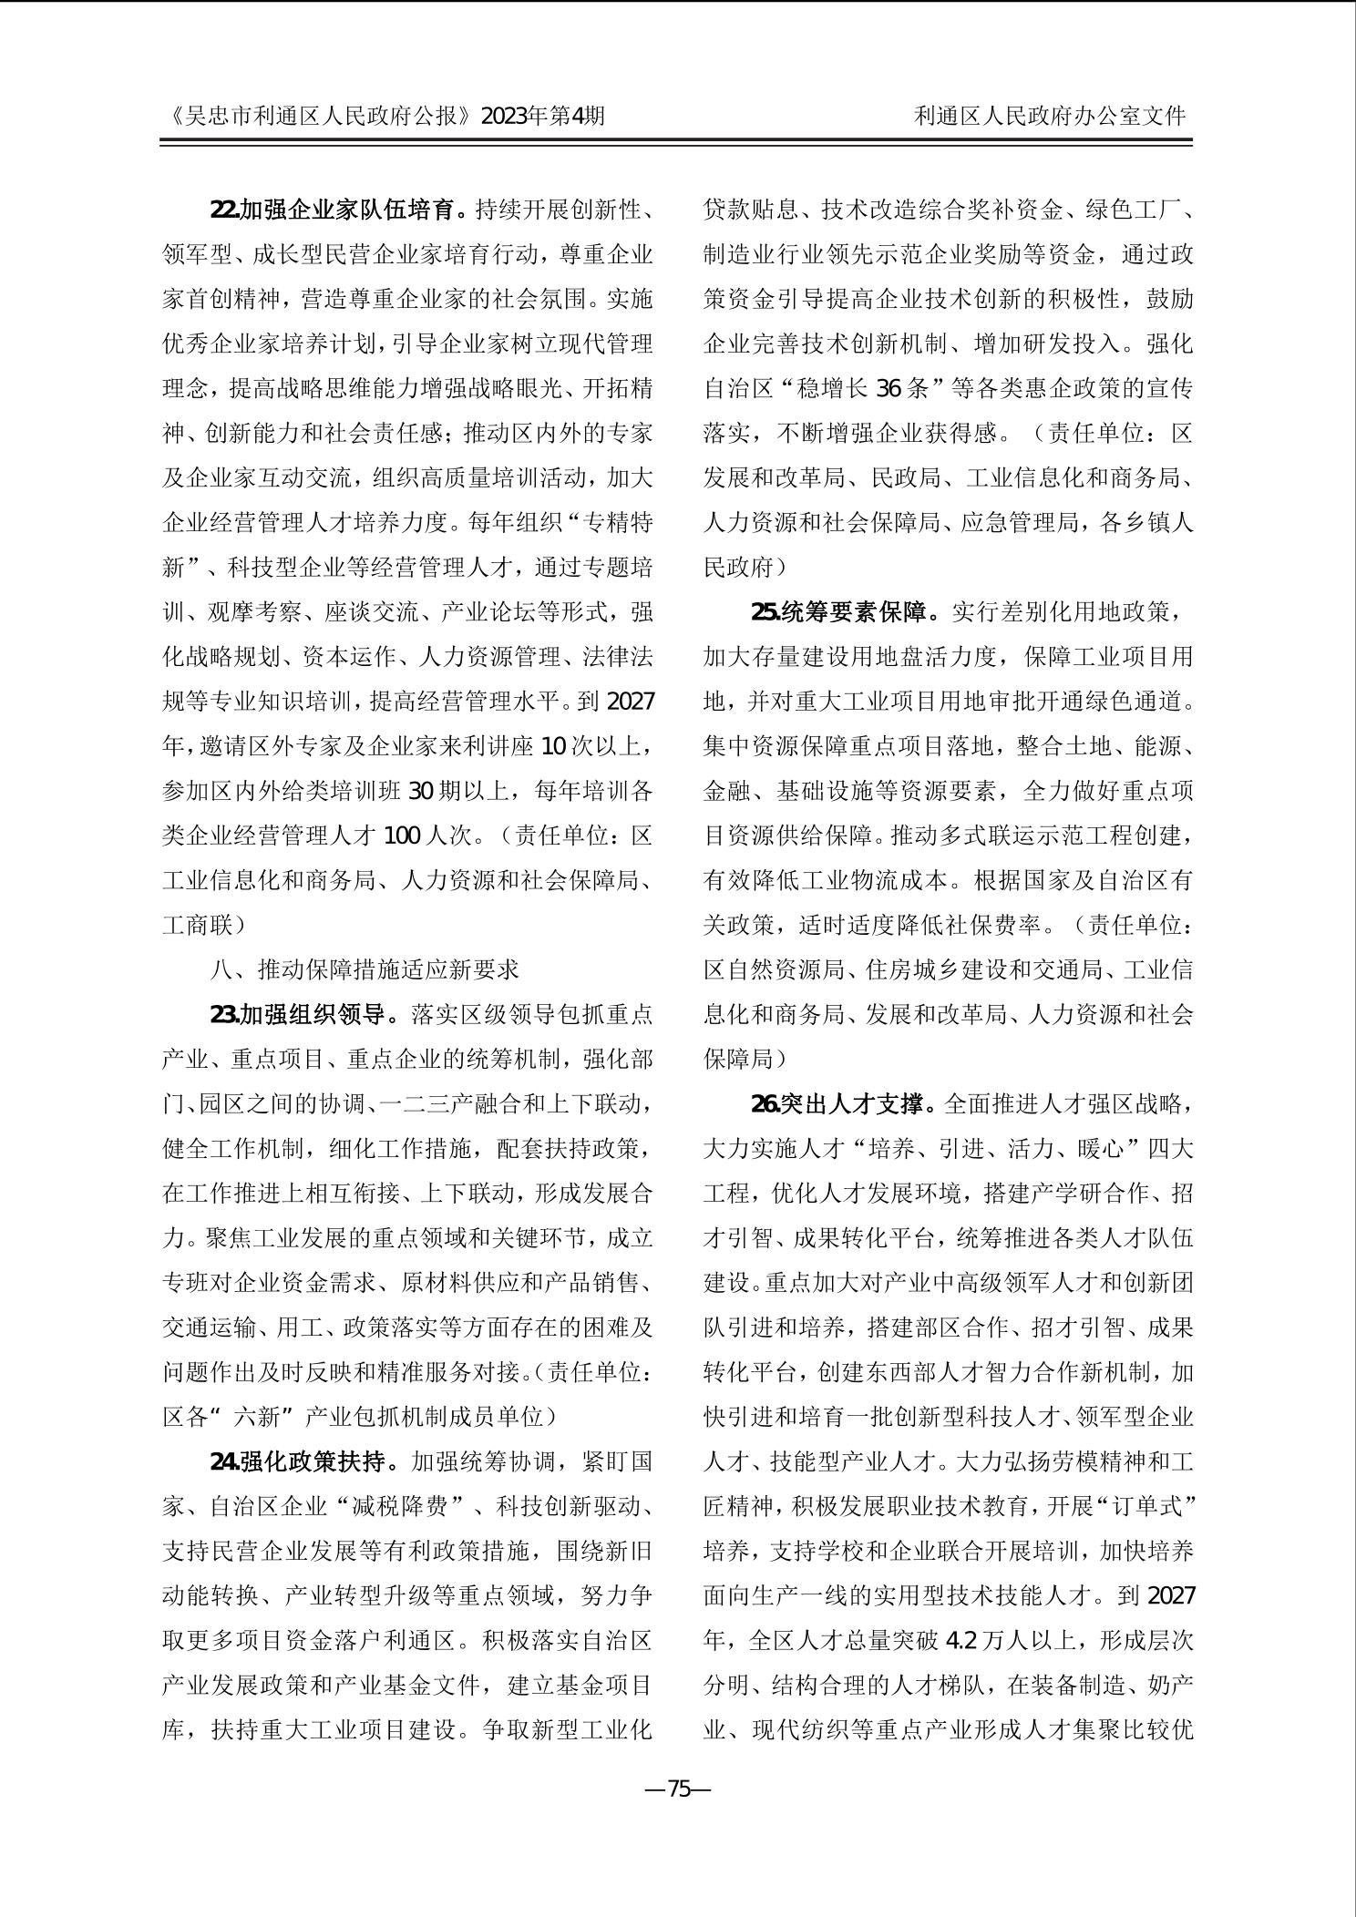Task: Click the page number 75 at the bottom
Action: (678, 1814)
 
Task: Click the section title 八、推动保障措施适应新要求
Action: (365, 969)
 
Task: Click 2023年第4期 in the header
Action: (542, 116)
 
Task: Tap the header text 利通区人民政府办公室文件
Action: (1050, 116)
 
